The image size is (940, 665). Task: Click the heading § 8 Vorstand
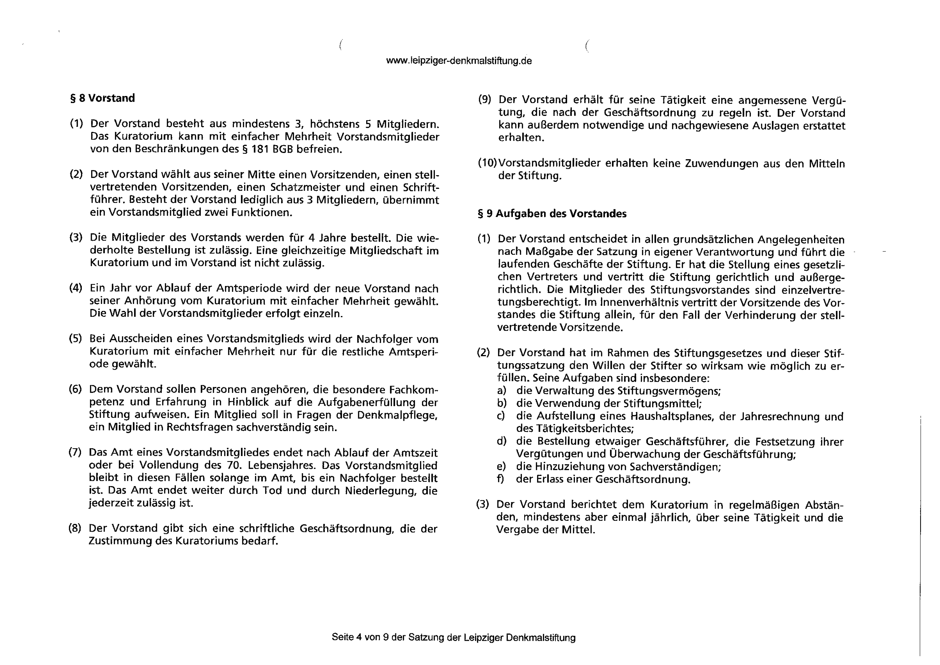102,98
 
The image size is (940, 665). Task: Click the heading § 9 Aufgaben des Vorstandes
552,214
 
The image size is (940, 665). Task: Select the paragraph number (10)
487,163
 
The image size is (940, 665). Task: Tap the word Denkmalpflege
397,415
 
